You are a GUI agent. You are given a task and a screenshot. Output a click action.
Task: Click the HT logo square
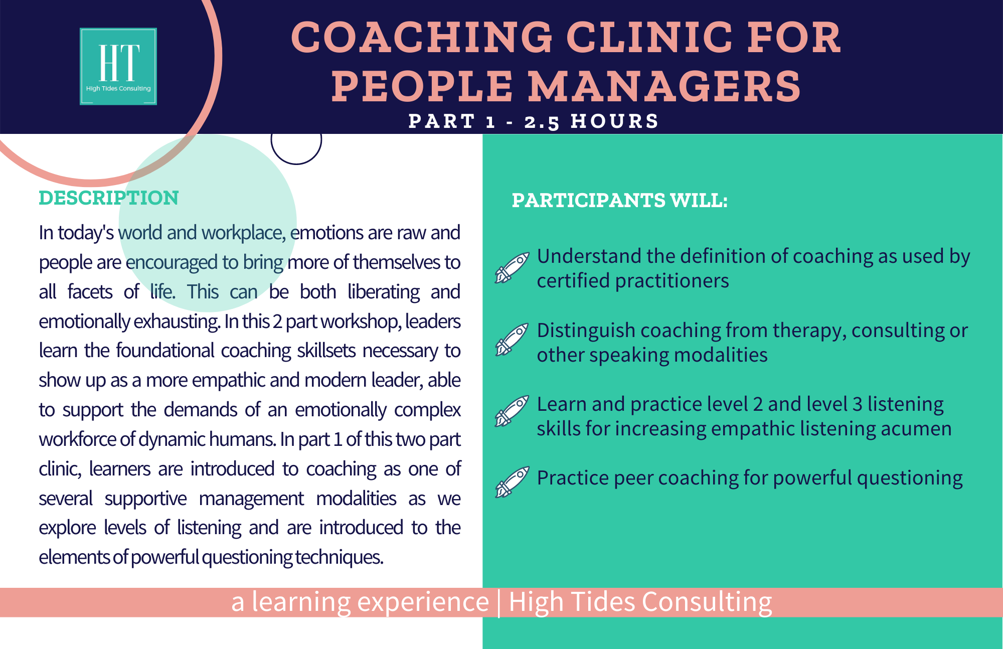click(118, 66)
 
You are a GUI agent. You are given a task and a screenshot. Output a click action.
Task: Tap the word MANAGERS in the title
click(665, 86)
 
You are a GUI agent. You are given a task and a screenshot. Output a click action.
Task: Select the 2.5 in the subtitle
click(542, 122)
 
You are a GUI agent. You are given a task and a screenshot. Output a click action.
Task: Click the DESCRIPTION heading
click(109, 198)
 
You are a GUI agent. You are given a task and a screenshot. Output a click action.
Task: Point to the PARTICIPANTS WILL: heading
click(619, 201)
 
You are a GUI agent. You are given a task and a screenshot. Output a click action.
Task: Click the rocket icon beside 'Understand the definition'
click(512, 268)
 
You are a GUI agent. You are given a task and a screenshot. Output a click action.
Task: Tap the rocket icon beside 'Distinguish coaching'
click(512, 340)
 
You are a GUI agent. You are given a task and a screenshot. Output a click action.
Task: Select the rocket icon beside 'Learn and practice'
click(512, 411)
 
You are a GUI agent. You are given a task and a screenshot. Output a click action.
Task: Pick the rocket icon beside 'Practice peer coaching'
click(512, 482)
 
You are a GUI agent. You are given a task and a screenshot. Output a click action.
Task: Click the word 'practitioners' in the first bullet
click(672, 281)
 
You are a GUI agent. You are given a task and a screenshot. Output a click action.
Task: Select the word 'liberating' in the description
click(384, 292)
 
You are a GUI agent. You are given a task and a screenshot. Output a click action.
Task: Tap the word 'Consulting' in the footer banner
click(707, 602)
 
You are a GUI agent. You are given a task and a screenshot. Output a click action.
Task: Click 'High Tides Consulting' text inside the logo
click(118, 88)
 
